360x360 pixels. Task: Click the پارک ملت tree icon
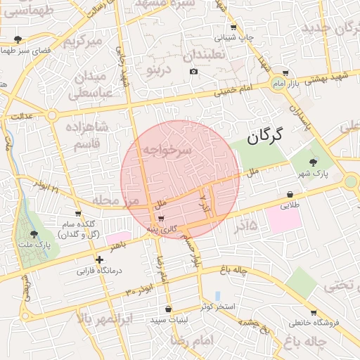pos(34,233)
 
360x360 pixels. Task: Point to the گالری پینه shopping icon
pos(162,219)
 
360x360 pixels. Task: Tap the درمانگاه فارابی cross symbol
pos(99,260)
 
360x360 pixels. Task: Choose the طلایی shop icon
pos(290,195)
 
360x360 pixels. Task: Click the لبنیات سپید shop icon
pos(168,309)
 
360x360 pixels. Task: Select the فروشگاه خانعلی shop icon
pos(313,313)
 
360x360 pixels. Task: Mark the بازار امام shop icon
pos(285,72)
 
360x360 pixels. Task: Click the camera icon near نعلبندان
pos(193,71)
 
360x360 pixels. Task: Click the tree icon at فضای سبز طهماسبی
pos(18,40)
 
